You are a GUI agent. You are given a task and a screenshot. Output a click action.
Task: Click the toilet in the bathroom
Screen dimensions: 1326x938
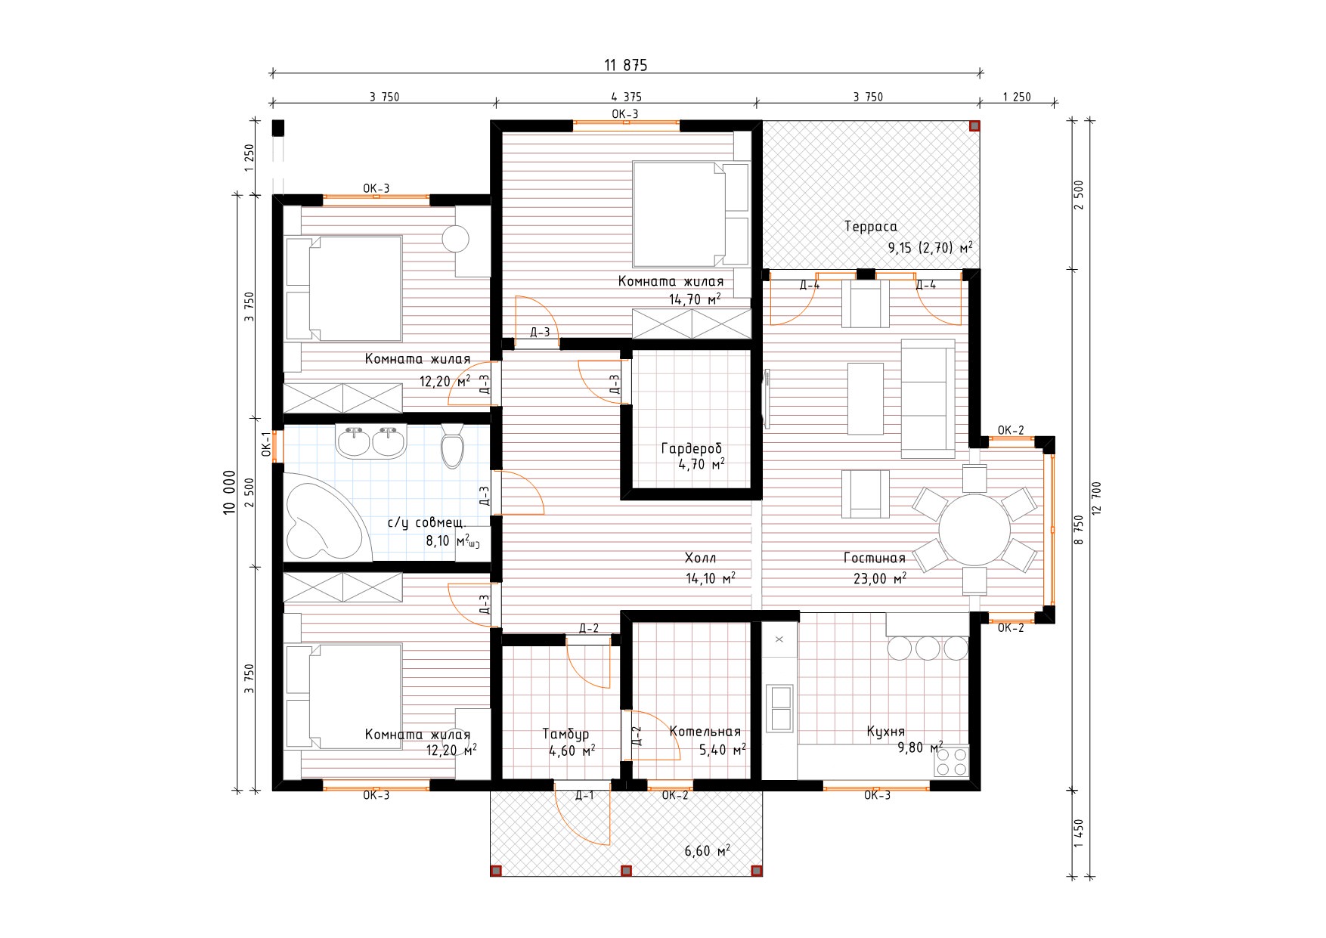[x=452, y=446]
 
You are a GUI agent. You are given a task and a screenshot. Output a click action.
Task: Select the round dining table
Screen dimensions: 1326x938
[x=974, y=529]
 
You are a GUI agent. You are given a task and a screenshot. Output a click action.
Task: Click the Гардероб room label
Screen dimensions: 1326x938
[x=692, y=449]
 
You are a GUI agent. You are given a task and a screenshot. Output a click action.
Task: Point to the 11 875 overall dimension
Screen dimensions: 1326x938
[x=625, y=65]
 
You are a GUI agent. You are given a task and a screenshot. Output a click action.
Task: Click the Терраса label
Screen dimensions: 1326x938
[x=870, y=227]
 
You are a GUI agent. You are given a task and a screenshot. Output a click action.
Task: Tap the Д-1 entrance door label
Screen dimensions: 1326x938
[x=584, y=795]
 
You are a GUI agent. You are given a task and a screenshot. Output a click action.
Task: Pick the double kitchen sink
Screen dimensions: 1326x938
[x=779, y=707]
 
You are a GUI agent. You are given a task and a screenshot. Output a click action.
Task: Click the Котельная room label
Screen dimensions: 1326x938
[x=705, y=732]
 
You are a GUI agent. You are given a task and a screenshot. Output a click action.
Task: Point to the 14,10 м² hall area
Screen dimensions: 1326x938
[x=711, y=578]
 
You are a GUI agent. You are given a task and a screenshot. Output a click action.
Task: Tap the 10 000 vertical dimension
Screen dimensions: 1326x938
[x=230, y=492]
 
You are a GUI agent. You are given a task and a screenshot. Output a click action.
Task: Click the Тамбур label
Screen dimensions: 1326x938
[x=565, y=734]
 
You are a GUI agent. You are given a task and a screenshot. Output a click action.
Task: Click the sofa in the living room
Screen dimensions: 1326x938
[x=928, y=398]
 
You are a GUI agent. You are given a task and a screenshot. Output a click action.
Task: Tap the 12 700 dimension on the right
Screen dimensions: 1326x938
[x=1097, y=497]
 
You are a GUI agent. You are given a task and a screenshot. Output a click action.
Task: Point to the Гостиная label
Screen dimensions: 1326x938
[x=875, y=559]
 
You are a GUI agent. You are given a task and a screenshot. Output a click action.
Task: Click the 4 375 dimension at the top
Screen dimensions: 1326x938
[x=626, y=97]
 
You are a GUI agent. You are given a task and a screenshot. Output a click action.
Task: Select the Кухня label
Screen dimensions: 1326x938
[x=885, y=732]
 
